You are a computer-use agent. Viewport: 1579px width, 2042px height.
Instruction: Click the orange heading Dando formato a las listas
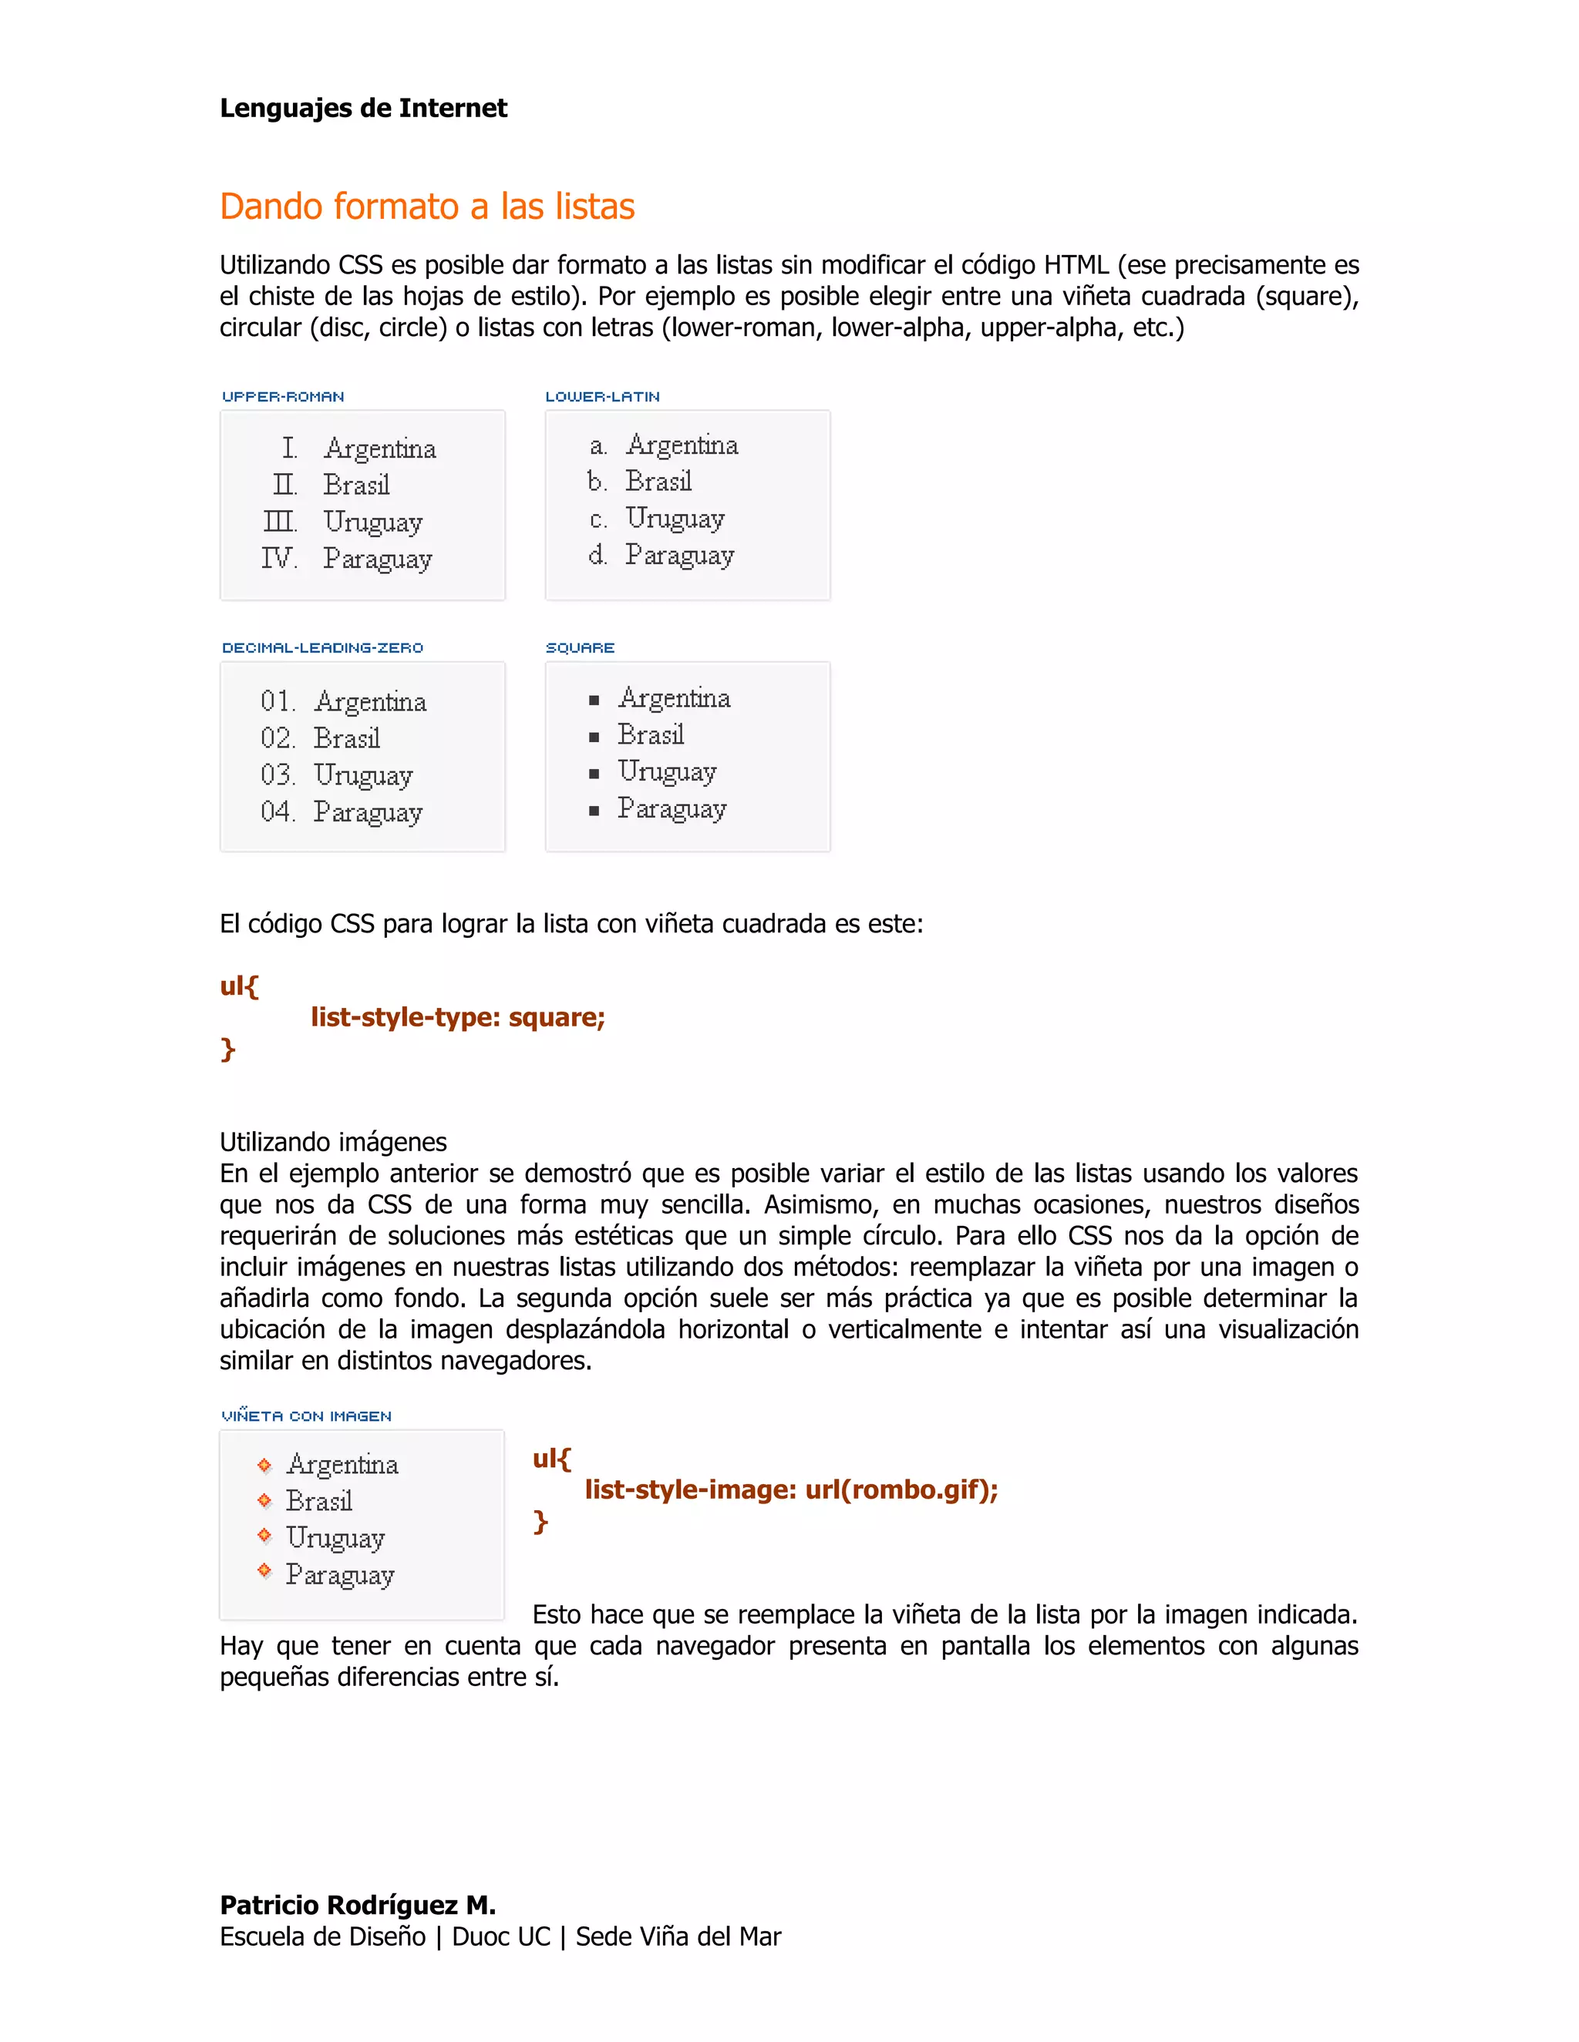pyautogui.click(x=426, y=207)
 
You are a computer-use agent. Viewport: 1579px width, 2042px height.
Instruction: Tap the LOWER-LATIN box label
pyautogui.click(x=602, y=396)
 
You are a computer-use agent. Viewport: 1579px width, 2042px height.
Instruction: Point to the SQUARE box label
pyautogui.click(x=580, y=647)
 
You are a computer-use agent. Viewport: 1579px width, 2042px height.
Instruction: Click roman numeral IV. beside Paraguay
pyautogui.click(x=279, y=558)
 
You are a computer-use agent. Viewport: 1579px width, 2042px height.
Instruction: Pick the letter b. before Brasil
pyautogui.click(x=597, y=482)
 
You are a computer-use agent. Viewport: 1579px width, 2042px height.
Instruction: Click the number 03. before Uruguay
pyautogui.click(x=277, y=774)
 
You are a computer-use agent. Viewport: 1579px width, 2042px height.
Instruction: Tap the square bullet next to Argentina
pyautogui.click(x=593, y=700)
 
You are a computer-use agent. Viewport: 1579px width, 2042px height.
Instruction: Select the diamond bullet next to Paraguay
pyautogui.click(x=264, y=1570)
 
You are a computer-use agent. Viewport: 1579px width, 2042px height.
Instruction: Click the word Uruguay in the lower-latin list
pyautogui.click(x=675, y=518)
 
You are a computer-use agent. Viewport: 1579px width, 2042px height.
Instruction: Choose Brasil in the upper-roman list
pyautogui.click(x=355, y=485)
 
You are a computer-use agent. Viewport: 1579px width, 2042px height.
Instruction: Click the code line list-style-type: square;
pyautogui.click(x=457, y=1017)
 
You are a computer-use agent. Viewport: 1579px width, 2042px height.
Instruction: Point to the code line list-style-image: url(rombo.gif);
pyautogui.click(x=790, y=1490)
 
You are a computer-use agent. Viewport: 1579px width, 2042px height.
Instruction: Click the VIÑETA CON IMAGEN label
pyautogui.click(x=306, y=1416)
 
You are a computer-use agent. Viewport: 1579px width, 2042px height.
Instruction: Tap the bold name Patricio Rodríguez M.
pyautogui.click(x=357, y=1905)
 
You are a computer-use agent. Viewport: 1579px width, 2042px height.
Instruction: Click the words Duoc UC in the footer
pyautogui.click(x=500, y=1936)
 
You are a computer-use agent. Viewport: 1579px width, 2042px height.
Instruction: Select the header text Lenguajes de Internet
pyautogui.click(x=363, y=109)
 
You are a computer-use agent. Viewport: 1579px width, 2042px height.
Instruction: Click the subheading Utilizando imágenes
pyautogui.click(x=333, y=1142)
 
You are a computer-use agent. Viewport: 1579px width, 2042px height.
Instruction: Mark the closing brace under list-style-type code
pyautogui.click(x=227, y=1049)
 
